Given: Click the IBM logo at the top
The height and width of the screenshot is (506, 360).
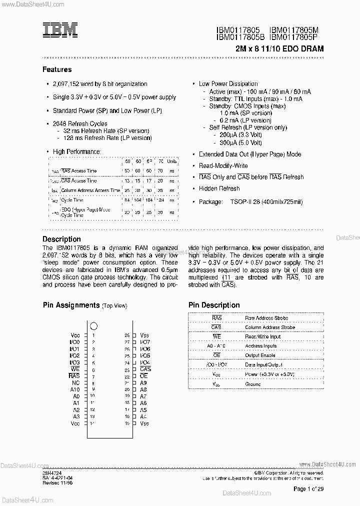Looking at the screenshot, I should coord(59,30).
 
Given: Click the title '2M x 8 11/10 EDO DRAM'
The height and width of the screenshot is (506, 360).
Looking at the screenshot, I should coord(279,49).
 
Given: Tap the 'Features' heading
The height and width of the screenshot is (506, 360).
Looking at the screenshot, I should coord(57,69).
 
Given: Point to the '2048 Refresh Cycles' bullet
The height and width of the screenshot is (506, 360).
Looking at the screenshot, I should coord(80,123).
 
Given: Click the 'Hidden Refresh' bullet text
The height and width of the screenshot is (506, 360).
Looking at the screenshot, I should coord(219,188).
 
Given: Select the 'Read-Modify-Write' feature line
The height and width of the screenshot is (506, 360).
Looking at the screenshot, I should coord(223,165).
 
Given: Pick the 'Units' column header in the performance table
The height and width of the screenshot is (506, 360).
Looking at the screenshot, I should coord(172,161).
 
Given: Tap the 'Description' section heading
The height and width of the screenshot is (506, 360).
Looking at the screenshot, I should coord(61,239).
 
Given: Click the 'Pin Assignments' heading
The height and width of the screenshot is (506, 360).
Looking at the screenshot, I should coord(71,305).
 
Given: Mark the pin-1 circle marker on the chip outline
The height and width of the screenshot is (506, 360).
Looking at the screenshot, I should coord(93,326).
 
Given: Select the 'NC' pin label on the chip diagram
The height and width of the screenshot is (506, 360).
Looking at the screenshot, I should coord(75,382).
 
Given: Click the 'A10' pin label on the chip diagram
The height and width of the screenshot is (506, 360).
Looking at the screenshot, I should coord(74,389).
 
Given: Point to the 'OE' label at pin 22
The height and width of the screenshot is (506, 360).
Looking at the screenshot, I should coord(143,376).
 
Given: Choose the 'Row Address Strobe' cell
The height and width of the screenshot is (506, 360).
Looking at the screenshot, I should coord(266,318).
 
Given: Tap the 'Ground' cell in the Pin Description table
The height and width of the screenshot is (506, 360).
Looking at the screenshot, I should coord(253,384).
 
